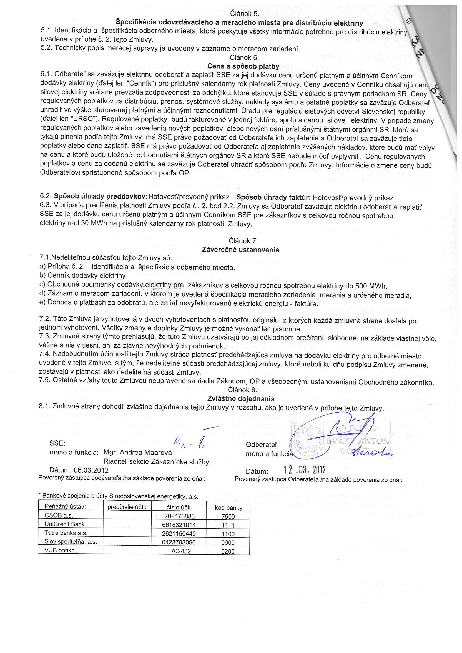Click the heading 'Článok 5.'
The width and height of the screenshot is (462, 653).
point(244,14)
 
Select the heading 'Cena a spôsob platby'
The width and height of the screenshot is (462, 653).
point(243,66)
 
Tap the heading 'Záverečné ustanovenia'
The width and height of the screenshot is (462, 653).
point(240,250)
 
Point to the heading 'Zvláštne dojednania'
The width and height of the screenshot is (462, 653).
point(241,398)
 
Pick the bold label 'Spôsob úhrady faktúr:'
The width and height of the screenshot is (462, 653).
point(274,198)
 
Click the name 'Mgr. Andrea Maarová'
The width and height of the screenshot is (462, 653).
point(138,452)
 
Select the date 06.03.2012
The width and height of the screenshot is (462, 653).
point(91,470)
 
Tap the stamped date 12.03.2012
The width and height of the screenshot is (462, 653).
point(305,469)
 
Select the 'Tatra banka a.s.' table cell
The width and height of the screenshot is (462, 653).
point(66,533)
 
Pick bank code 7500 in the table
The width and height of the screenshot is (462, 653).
point(228,516)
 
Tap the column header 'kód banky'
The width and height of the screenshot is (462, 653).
point(229,508)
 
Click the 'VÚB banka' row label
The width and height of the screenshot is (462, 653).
point(59,550)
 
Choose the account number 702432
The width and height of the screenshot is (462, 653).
point(181,551)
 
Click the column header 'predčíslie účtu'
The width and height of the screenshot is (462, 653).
point(127,507)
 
